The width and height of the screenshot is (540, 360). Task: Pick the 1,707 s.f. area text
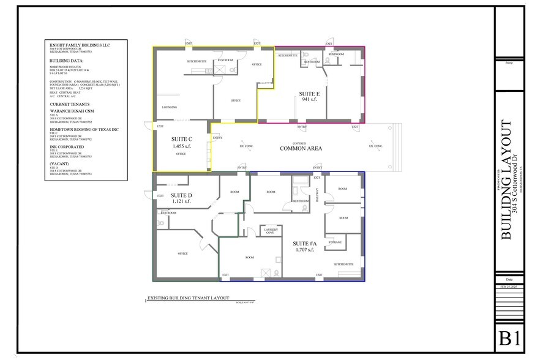point(304,250)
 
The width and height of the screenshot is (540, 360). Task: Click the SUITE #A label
point(304,244)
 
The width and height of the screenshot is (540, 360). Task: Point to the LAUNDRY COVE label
point(271,230)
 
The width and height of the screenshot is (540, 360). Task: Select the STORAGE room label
point(335,242)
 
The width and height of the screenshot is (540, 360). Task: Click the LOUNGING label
point(170,107)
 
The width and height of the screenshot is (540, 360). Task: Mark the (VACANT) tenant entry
point(59,164)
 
